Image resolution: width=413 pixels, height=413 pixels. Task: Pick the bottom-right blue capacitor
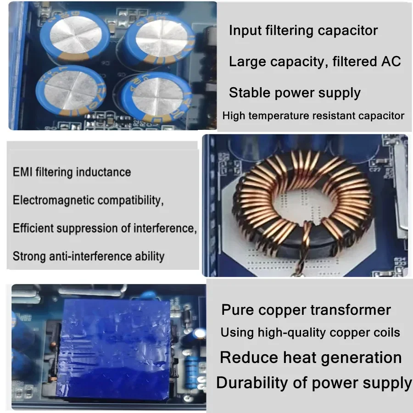coord(154,99)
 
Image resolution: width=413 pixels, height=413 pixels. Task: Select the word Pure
coord(238,310)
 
